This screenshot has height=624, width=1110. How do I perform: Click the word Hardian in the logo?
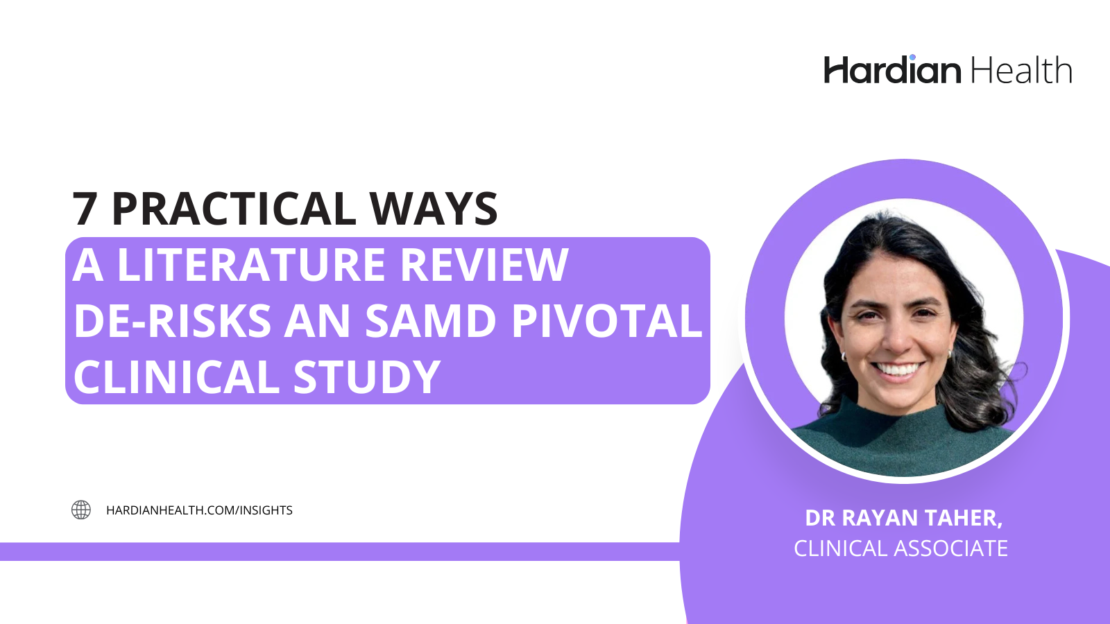[x=892, y=71]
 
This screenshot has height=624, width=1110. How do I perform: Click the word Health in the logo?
[x=1021, y=71]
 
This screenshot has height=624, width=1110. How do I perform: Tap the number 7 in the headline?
[x=85, y=209]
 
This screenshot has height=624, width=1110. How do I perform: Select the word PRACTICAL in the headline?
[x=233, y=209]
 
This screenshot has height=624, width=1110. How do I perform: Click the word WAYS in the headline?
[x=433, y=209]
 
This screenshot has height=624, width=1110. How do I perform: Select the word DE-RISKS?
[x=173, y=321]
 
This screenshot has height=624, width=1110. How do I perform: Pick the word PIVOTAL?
[x=606, y=321]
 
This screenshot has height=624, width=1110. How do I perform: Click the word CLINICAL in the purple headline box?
[x=176, y=377]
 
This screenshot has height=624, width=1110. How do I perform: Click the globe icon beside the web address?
[x=81, y=510]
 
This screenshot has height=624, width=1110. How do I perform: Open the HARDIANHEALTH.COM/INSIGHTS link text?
[x=199, y=510]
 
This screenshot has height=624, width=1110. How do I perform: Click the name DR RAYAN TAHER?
[x=903, y=518]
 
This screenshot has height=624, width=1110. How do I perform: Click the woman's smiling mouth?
[x=898, y=370]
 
